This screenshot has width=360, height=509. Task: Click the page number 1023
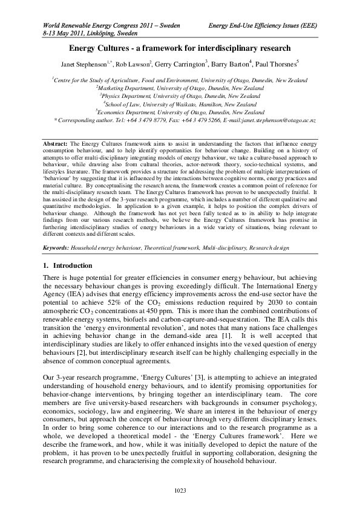[180, 489]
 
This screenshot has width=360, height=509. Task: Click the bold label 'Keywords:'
[57, 264]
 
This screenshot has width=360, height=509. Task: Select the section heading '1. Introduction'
[68, 282]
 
